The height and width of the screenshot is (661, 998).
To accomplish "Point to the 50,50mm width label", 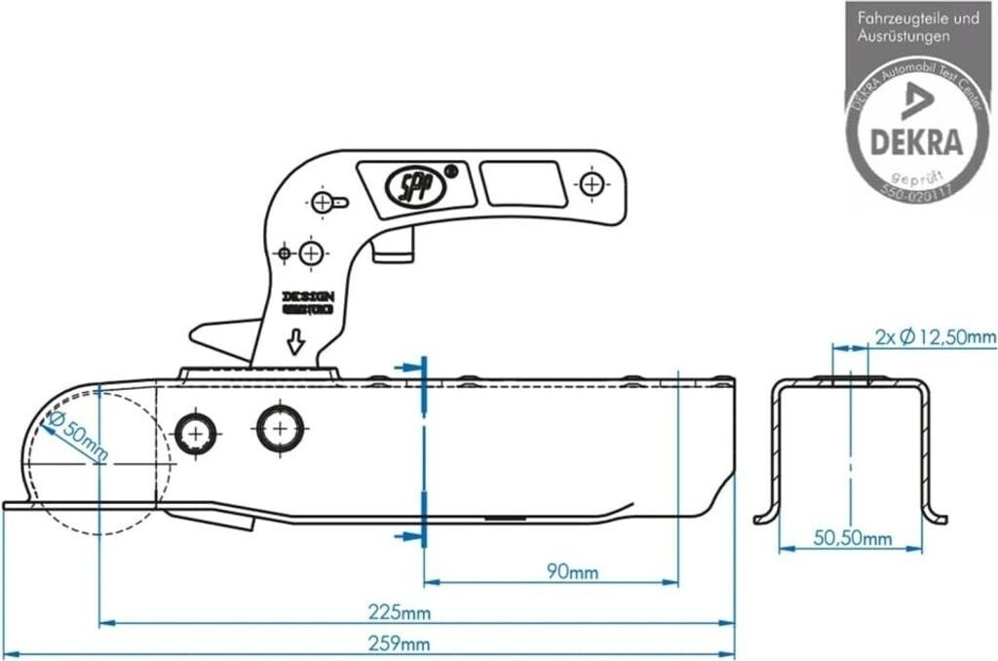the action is (853, 538).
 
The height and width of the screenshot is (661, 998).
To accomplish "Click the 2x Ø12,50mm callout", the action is (935, 337).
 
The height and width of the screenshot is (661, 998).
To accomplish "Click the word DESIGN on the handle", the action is (308, 295).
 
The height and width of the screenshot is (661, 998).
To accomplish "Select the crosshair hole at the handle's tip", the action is (591, 182).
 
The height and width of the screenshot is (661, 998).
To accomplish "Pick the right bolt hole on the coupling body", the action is (281, 428).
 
